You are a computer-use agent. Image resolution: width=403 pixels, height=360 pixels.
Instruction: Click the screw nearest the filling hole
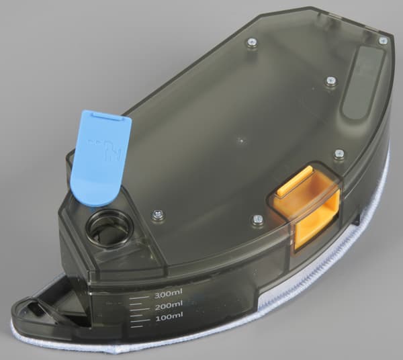pyautogui.click(x=157, y=214)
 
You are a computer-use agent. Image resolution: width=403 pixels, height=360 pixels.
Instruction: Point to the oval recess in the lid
pyautogui.click(x=362, y=81)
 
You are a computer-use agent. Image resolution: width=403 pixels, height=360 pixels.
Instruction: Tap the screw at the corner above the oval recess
pyautogui.click(x=383, y=41)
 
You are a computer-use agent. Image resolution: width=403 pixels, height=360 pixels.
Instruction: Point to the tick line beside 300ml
pyautogui.click(x=138, y=295)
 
